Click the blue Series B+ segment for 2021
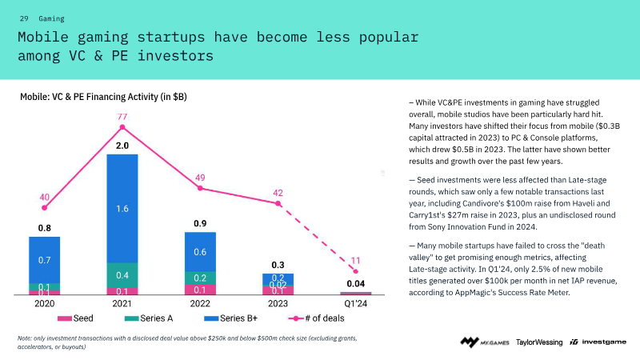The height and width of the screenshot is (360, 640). click(x=122, y=208)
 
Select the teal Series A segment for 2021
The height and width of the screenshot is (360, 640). click(x=122, y=274)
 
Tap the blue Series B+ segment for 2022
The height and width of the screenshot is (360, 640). click(x=201, y=250)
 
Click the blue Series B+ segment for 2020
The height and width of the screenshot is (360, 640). click(x=45, y=259)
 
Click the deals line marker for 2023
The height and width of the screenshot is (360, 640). click(x=278, y=204)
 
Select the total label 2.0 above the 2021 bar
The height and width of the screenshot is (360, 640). click(x=122, y=146)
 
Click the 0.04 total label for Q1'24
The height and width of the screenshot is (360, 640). click(x=356, y=284)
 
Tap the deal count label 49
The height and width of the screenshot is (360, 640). click(x=201, y=177)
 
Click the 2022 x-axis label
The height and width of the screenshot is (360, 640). click(x=201, y=304)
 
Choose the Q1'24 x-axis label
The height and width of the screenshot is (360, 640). click(x=356, y=304)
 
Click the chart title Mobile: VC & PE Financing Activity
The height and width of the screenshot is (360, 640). click(x=103, y=97)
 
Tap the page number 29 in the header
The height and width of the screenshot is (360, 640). click(x=23, y=18)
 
